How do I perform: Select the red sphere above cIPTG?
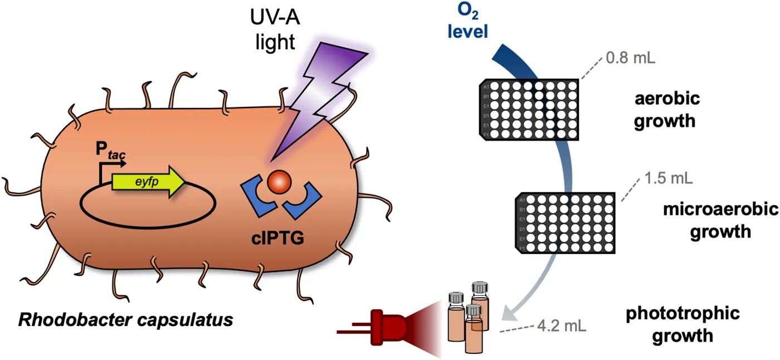279,182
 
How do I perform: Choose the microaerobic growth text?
720,221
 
